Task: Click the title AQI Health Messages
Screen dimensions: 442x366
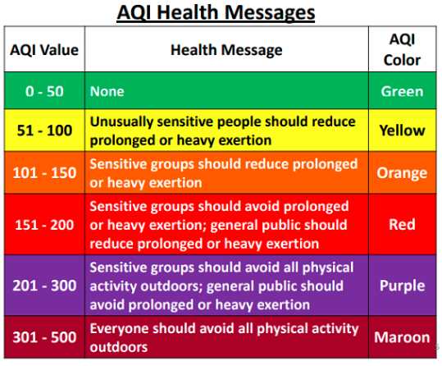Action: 216,13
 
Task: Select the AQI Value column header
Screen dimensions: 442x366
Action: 44,50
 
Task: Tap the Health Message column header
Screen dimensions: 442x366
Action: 226,50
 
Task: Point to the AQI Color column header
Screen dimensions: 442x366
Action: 402,50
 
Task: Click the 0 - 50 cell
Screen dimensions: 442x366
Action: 44,91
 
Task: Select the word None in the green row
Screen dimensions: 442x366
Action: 107,91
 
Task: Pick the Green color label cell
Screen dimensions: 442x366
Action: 403,91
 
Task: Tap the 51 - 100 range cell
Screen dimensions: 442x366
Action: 44,130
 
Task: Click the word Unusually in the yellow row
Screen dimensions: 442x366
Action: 121,122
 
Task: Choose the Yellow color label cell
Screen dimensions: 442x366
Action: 403,130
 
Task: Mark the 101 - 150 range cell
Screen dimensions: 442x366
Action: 44,172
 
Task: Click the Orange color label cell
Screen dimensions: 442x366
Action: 403,173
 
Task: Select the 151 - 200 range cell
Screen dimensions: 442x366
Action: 44,225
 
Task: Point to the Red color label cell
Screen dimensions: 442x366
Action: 403,225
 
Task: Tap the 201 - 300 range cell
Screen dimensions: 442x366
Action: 44,286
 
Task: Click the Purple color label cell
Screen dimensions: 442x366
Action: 403,286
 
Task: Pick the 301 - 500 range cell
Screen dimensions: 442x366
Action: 44,337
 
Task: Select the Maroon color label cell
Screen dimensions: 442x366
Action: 403,337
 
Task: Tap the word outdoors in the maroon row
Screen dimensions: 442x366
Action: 119,347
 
